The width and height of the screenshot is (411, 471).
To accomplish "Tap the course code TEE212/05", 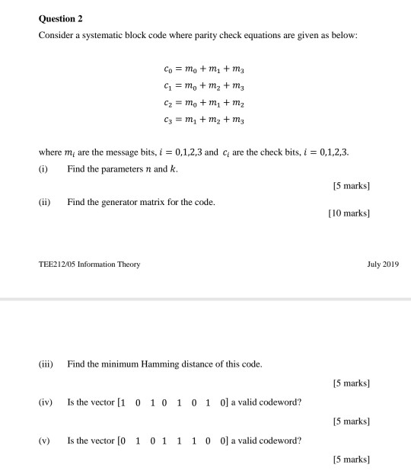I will tap(60, 264).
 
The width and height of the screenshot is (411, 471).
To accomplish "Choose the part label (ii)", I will tap(45, 202).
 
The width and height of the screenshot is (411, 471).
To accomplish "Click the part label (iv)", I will tap(46, 402).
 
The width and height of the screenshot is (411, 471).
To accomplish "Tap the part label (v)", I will tap(45, 440).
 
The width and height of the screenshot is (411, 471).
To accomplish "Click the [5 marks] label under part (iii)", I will tap(351, 383).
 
